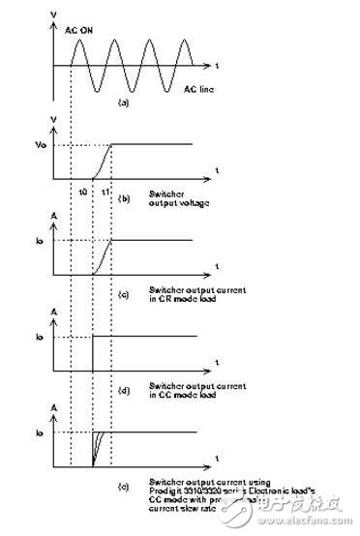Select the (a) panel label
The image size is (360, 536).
point(124,101)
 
